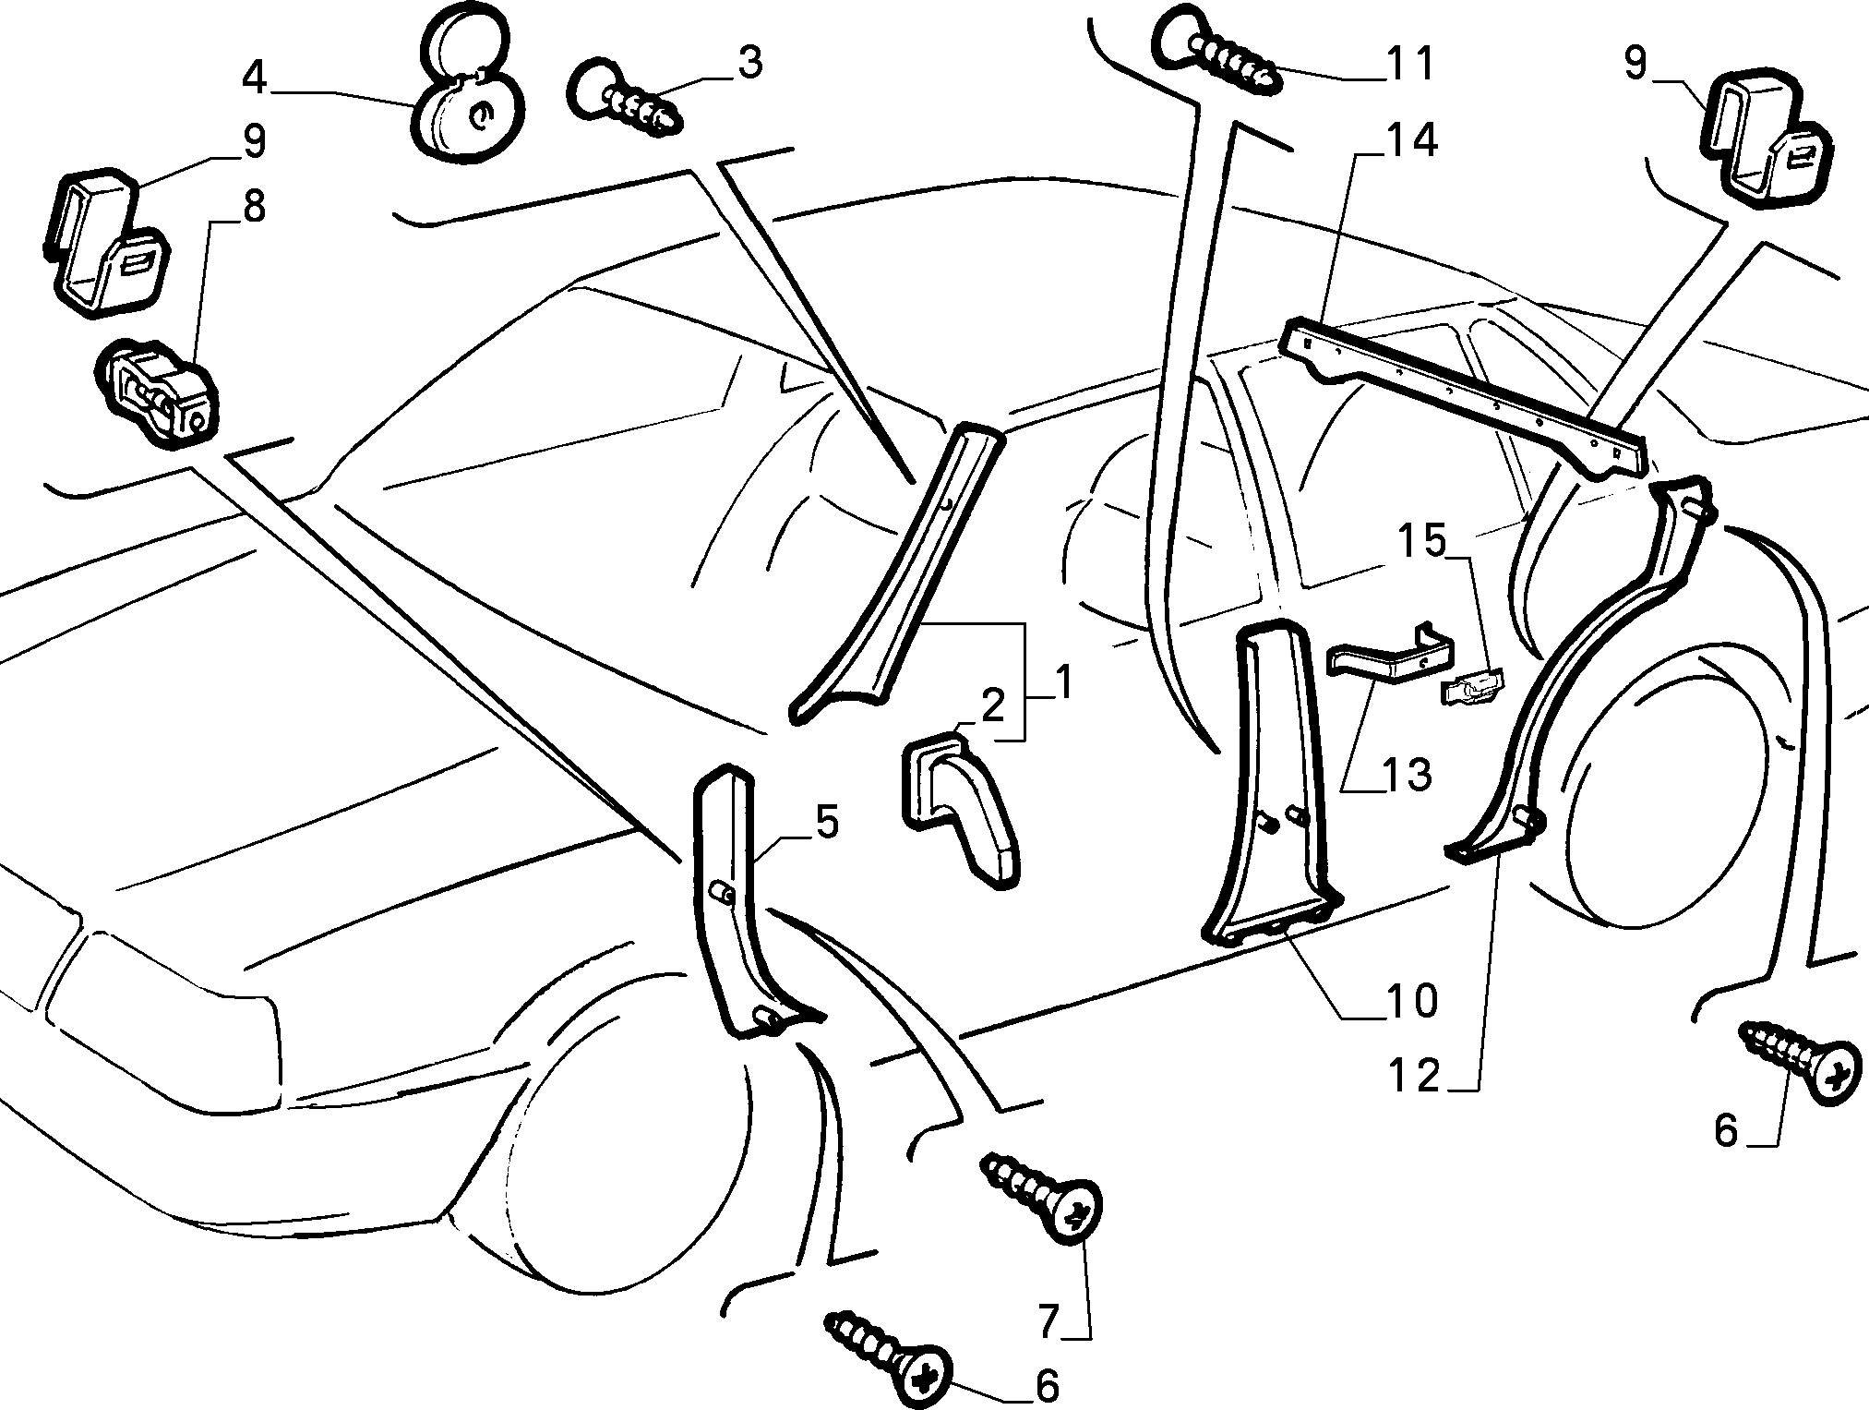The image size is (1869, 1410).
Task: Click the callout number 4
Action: pyautogui.click(x=255, y=78)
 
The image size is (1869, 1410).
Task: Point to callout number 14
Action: pyautogui.click(x=1410, y=140)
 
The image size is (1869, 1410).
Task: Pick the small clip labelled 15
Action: pyautogui.click(x=1473, y=687)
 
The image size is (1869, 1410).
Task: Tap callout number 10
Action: pyautogui.click(x=1409, y=1001)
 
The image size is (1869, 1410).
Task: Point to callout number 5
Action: pyautogui.click(x=826, y=823)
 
